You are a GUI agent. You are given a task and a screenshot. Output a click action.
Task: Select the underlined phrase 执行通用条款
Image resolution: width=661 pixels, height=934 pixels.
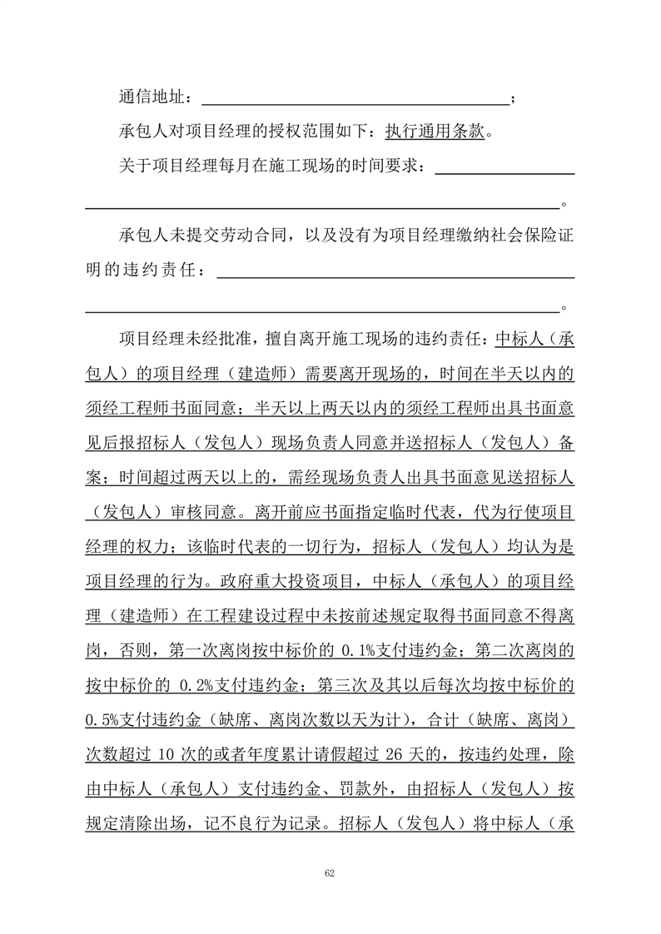[435, 131]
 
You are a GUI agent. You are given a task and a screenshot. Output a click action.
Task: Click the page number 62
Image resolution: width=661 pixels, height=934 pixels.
[330, 873]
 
